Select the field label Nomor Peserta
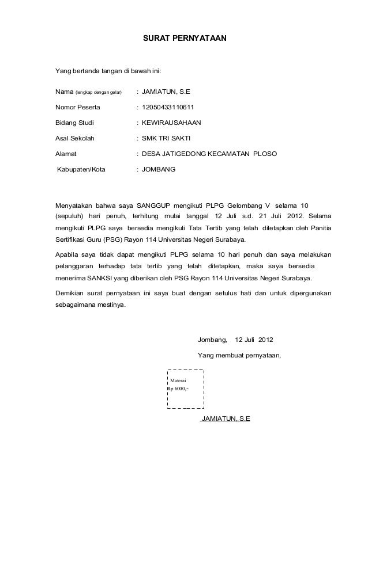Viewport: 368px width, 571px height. [x=77, y=106]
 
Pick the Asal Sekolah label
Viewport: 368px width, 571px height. [x=76, y=139]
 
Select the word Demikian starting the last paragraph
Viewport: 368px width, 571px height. [x=69, y=293]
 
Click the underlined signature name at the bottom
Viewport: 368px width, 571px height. [x=225, y=418]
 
